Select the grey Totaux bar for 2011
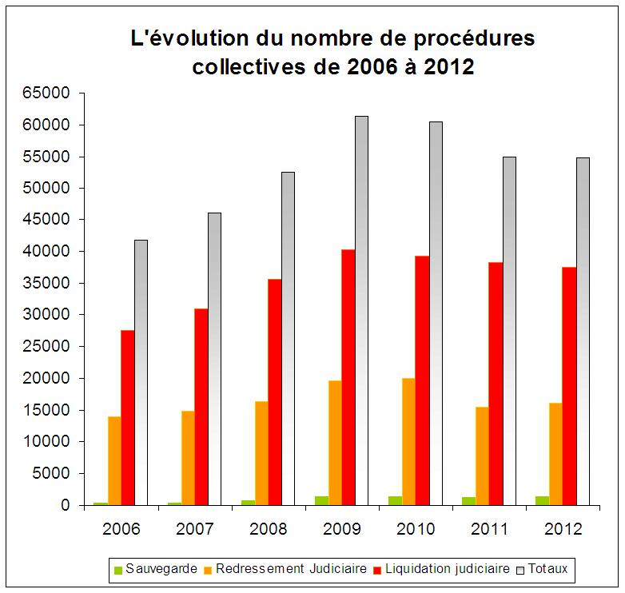tap(509, 331)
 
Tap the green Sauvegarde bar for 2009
tap(321, 500)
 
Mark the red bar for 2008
tap(275, 392)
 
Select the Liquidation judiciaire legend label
tap(447, 569)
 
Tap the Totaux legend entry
tap(547, 569)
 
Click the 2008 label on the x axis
tap(269, 530)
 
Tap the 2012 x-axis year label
tap(563, 530)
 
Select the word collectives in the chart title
tap(247, 67)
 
